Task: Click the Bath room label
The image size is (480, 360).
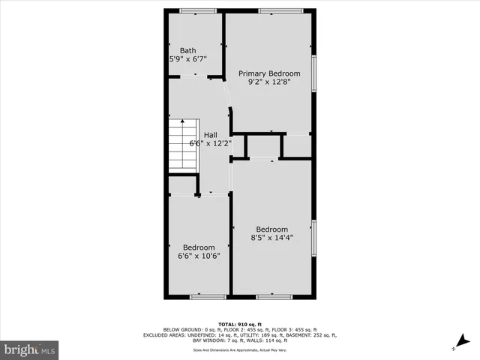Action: pos(187,51)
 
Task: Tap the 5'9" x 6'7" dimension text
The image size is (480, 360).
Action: pos(187,58)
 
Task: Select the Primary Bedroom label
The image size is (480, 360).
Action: pos(269,73)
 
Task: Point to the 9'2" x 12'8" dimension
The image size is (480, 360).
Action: pos(269,82)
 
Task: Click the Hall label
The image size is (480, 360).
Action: pos(211,135)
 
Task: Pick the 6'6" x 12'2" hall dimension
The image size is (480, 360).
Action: pos(211,143)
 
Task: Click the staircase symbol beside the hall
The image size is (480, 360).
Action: pos(181,145)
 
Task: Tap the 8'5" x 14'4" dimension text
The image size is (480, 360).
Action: pos(271,238)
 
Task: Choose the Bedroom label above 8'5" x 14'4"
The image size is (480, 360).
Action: pos(271,229)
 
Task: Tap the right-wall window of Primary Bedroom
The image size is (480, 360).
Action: pos(313,70)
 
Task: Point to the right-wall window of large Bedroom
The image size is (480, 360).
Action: pos(313,238)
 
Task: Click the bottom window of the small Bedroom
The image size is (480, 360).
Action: pos(202,297)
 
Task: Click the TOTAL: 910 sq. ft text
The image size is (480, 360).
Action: pos(239,323)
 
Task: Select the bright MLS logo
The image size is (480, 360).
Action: pos(30,350)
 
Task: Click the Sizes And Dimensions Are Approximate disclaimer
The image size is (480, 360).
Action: pos(239,349)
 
